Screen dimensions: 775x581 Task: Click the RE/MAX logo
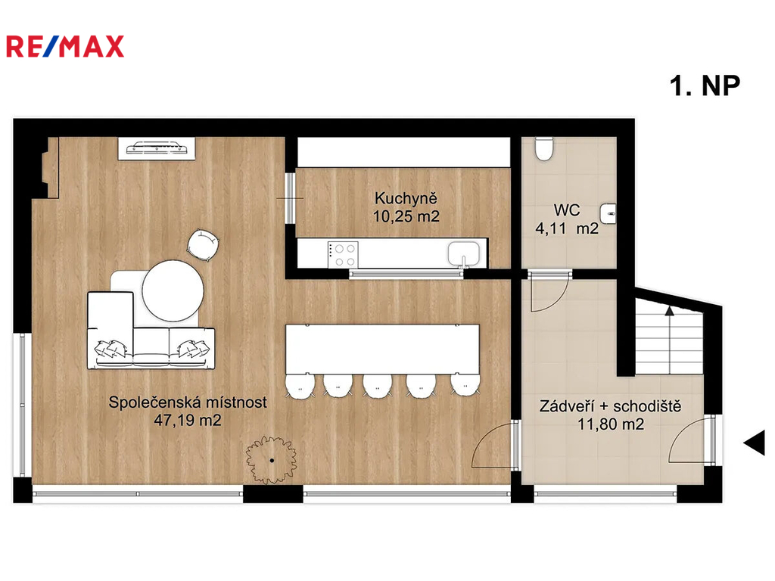[65, 47]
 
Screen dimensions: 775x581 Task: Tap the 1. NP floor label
[705, 86]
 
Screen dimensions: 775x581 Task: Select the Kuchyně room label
[406, 198]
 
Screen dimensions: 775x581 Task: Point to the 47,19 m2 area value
[188, 421]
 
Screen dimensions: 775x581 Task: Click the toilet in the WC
[543, 149]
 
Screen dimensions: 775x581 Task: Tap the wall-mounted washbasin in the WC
[608, 214]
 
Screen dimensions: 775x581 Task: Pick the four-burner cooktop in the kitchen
[344, 255]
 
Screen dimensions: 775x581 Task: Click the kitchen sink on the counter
[464, 254]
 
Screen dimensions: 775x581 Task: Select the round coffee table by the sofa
[173, 291]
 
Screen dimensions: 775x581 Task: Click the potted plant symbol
[272, 460]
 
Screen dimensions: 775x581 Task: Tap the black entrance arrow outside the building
[755, 443]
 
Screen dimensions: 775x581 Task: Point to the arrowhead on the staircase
[669, 310]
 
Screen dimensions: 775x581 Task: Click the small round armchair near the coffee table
[203, 244]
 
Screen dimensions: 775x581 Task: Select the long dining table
[382, 350]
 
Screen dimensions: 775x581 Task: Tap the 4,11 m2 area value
[567, 228]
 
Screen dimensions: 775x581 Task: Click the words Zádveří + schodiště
[611, 406]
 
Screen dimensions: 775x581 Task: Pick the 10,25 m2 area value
[406, 216]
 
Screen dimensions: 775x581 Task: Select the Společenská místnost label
[188, 402]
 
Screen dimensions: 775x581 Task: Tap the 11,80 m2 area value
[611, 424]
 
